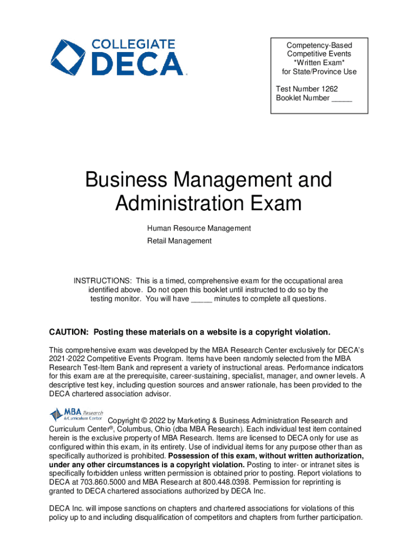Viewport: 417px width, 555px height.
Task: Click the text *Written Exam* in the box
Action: [x=319, y=63]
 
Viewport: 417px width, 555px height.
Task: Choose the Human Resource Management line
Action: [x=199, y=228]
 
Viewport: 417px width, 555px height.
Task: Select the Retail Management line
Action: [x=179, y=241]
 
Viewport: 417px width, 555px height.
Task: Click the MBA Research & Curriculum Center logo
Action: [x=76, y=415]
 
